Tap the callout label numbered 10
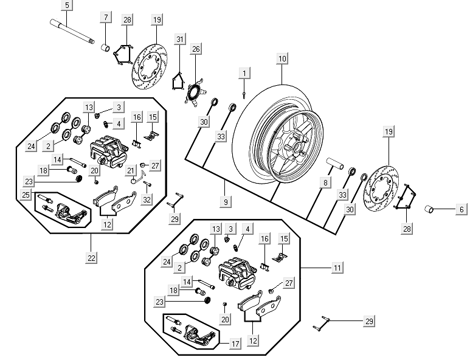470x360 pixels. click(282, 59)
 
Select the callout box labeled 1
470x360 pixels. click(244, 73)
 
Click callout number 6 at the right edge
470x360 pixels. click(461, 209)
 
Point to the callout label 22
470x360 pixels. click(92, 258)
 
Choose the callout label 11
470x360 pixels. click(337, 267)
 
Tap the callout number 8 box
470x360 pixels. click(325, 182)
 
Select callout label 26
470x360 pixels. click(196, 49)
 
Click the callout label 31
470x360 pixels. click(179, 40)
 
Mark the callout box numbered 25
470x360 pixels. click(26, 195)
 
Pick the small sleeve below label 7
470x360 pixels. click(105, 47)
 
